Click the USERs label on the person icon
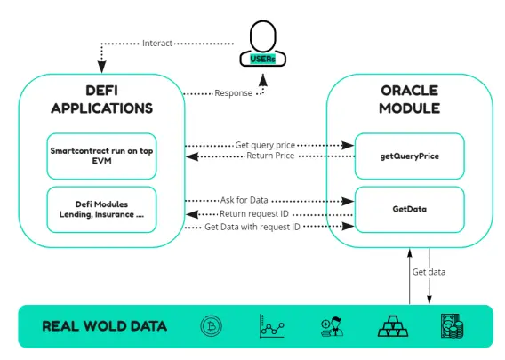point(262,59)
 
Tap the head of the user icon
point(263,36)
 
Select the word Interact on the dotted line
point(157,44)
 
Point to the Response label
point(234,93)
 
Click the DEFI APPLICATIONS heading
point(101,100)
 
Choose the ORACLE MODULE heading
point(409,100)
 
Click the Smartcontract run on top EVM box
point(101,156)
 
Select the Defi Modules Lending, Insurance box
point(101,209)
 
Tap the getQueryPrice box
point(409,156)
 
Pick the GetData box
point(409,209)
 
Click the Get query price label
point(265,145)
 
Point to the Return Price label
point(270,156)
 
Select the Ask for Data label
point(244,200)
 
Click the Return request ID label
point(254,214)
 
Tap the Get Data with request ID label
point(252,227)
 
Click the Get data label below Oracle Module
point(429,272)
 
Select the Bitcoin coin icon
point(212,326)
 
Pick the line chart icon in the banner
point(272,326)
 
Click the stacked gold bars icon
point(393,326)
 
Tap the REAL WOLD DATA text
point(104,326)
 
